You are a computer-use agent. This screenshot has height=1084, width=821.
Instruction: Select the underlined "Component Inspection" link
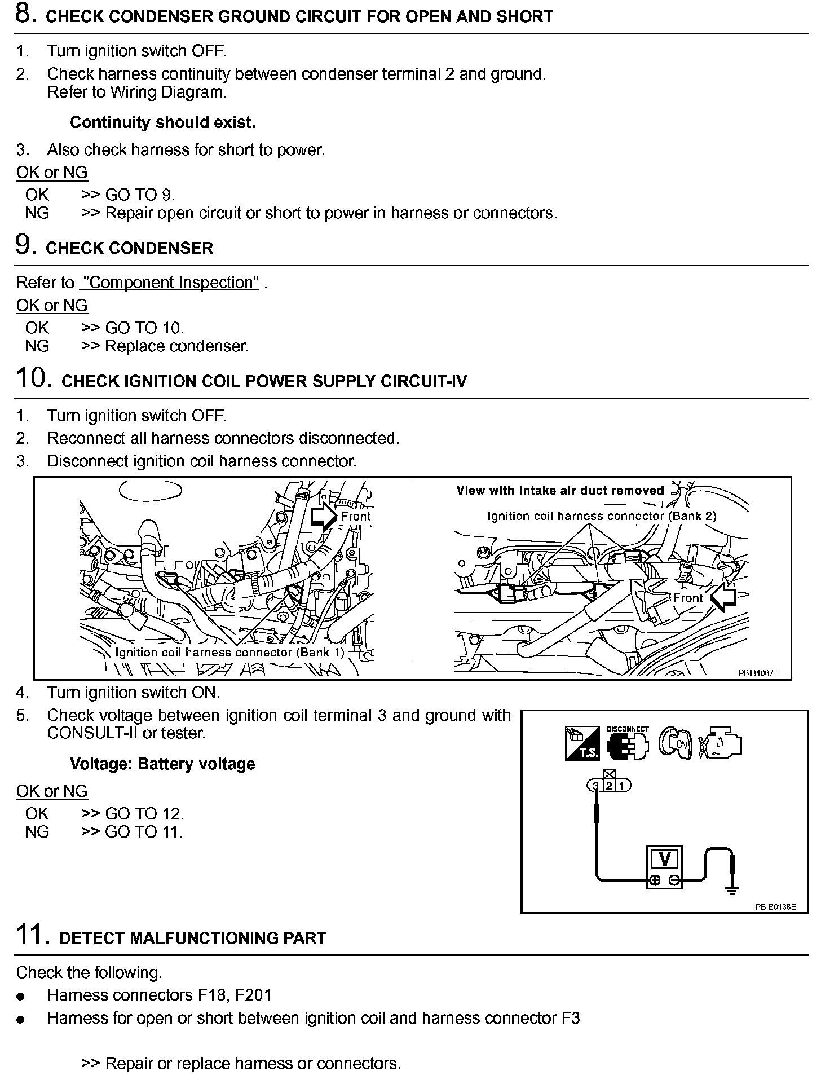(169, 283)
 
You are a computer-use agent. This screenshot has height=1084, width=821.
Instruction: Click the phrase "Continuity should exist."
(162, 122)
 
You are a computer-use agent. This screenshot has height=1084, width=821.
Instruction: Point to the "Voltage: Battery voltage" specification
(162, 764)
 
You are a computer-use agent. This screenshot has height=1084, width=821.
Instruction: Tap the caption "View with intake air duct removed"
(560, 491)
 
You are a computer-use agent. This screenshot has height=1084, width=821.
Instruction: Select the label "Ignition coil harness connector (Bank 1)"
(229, 653)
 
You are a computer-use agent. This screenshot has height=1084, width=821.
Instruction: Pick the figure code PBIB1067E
(758, 673)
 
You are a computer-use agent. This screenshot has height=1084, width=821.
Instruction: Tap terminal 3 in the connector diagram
(595, 785)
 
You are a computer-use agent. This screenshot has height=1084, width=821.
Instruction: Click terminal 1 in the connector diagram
(623, 785)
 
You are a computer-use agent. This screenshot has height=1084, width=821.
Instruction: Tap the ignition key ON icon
(675, 744)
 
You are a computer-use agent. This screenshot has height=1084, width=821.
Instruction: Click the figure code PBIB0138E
(775, 907)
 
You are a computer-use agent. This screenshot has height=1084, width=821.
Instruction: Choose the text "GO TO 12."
(144, 814)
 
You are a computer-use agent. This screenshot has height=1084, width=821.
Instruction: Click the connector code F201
(253, 995)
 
